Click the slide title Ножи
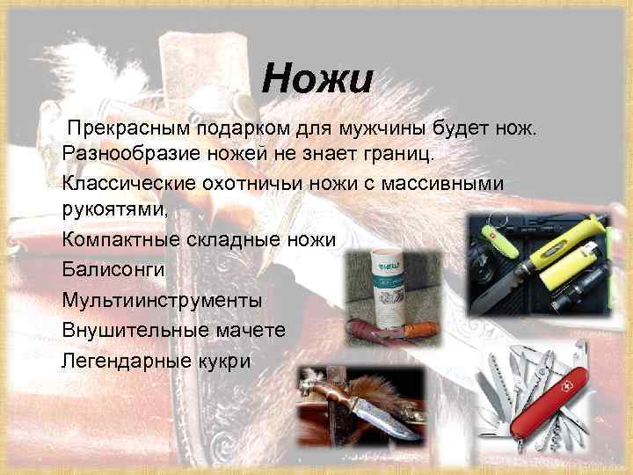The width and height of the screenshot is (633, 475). coord(317,80)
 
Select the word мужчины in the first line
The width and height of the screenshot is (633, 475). coord(407,128)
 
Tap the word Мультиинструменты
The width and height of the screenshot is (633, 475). coord(162,299)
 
